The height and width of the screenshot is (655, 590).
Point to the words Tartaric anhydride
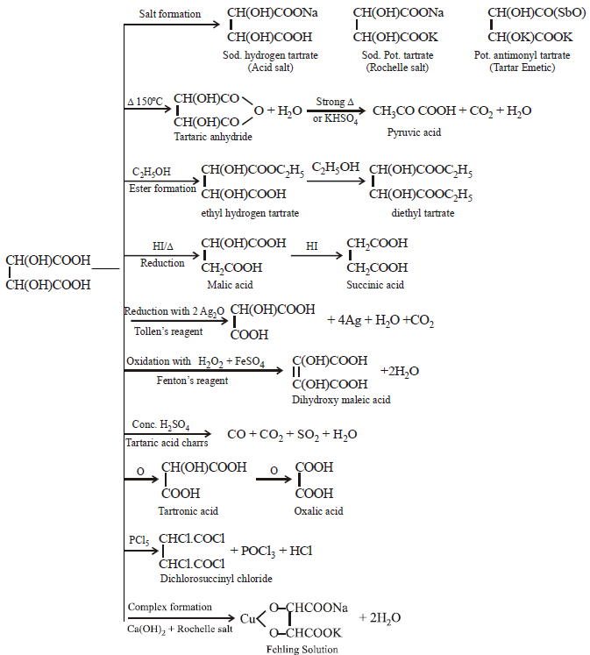coord(214,137)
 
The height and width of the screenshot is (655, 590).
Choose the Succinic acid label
coord(374,285)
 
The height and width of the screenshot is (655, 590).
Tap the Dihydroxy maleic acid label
coord(341,399)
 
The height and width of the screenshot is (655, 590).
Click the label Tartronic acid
coord(188,510)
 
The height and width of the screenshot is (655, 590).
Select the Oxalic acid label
coord(318,510)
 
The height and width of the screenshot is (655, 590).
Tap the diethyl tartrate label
coord(416,213)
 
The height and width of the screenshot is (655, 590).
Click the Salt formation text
coord(170,13)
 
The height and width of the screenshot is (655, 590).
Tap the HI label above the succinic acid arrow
coord(311,247)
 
